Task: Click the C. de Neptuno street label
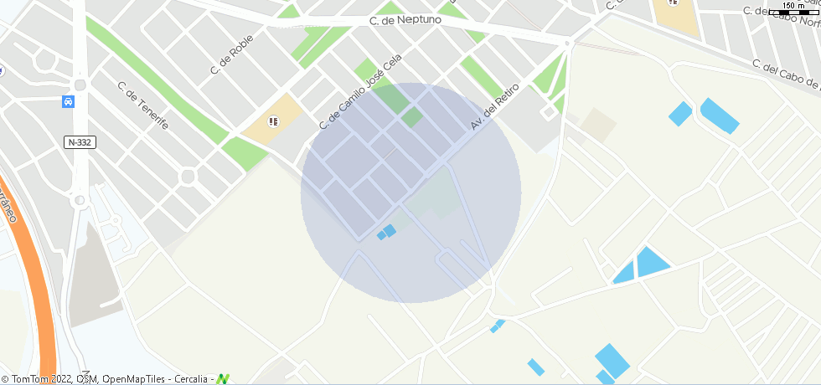pyautogui.click(x=405, y=18)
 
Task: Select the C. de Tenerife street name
pyautogui.click(x=143, y=105)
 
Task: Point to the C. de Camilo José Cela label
pyautogui.click(x=360, y=92)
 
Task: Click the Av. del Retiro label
pyautogui.click(x=495, y=106)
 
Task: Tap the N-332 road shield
pyautogui.click(x=80, y=142)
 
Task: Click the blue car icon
pyautogui.click(x=68, y=102)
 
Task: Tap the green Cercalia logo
pyautogui.click(x=223, y=379)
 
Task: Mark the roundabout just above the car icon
pyautogui.click(x=80, y=85)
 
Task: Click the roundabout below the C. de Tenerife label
pyautogui.click(x=187, y=176)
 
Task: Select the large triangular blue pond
pyautogui.click(x=651, y=261)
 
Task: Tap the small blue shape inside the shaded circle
pyautogui.click(x=387, y=231)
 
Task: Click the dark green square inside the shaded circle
pyautogui.click(x=411, y=116)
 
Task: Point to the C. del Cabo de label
pyautogui.click(x=786, y=74)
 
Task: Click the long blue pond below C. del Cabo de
pyautogui.click(x=720, y=116)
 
